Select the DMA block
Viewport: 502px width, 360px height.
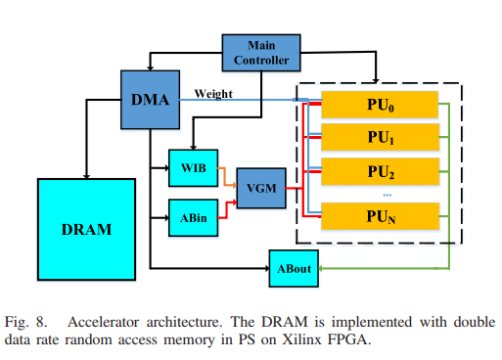click(151, 99)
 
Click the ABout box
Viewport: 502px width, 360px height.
click(290, 267)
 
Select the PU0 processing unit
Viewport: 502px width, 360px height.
click(379, 103)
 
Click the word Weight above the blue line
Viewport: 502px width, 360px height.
click(213, 93)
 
